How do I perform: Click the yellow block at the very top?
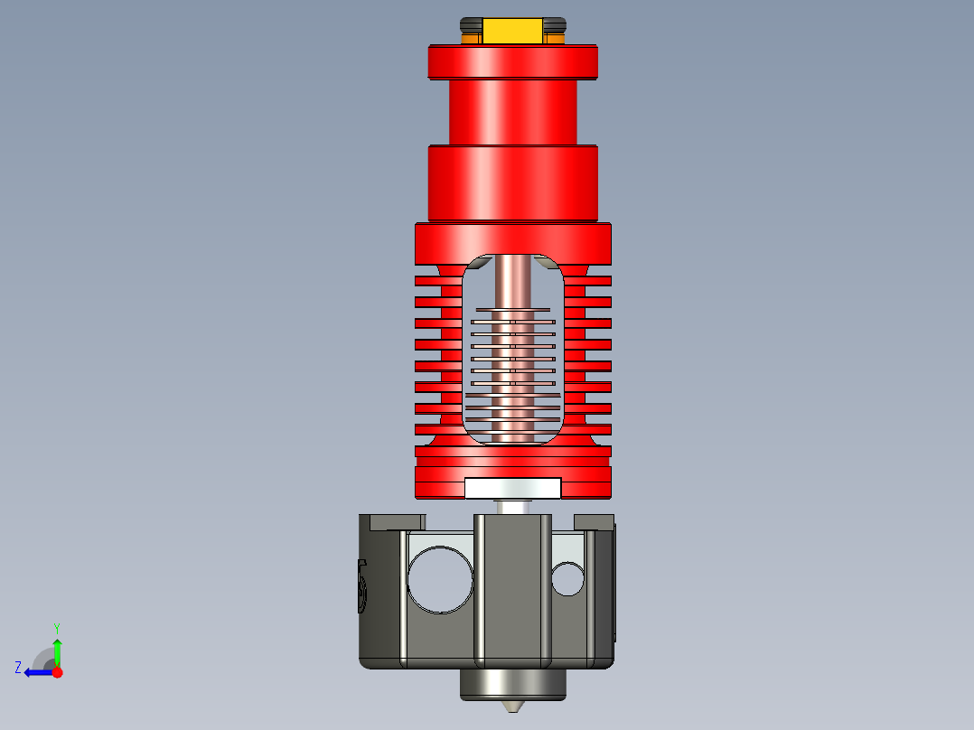[x=513, y=32]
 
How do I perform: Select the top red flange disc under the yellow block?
[x=512, y=62]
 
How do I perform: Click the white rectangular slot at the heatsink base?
[x=512, y=488]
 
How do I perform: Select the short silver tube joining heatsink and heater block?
[x=512, y=507]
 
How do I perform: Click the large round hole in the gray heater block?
[x=440, y=580]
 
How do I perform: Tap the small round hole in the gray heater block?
[x=567, y=579]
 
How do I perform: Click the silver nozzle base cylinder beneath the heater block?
[x=512, y=685]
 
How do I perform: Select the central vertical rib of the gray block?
[x=512, y=587]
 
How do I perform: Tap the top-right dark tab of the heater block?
[x=594, y=521]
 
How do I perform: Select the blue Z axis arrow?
[x=38, y=672]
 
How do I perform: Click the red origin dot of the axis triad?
[x=58, y=672]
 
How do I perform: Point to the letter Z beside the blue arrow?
[x=18, y=668]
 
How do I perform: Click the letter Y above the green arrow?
[x=56, y=627]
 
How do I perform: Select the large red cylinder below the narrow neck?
[x=512, y=184]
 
